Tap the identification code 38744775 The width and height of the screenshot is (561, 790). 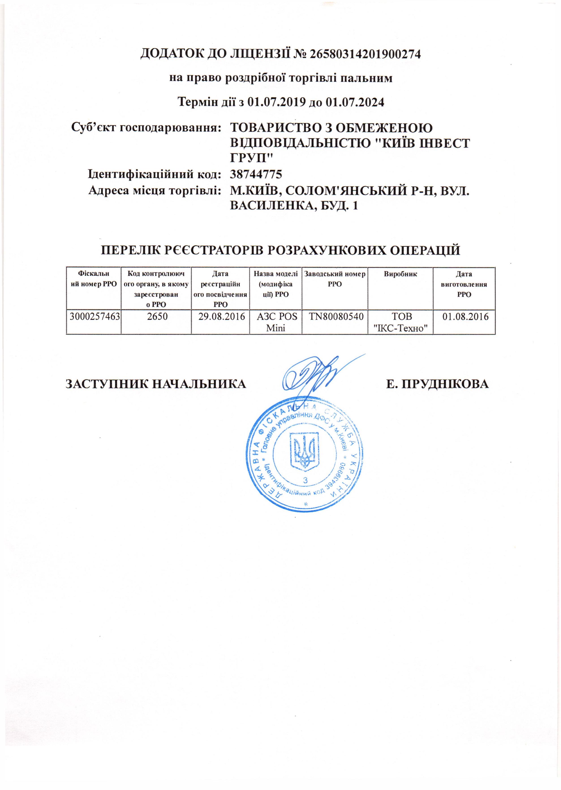coord(256,174)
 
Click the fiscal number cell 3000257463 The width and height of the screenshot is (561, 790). coord(93,317)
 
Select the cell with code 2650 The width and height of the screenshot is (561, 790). coord(156,317)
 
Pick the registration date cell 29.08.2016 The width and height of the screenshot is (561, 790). coord(220,317)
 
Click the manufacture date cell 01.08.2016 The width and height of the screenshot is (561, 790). coord(464,317)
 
